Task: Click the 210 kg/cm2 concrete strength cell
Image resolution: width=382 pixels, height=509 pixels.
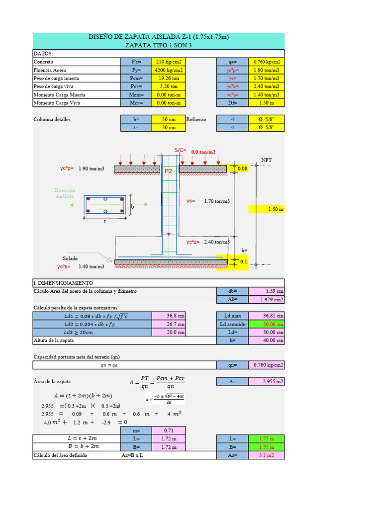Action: click(167, 62)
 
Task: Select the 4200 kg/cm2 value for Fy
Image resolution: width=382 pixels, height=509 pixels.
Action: click(167, 70)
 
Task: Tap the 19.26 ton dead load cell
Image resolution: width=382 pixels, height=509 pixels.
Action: click(167, 79)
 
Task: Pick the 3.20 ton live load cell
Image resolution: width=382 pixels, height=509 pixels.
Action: click(167, 86)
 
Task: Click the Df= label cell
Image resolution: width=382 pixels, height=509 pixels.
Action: click(232, 103)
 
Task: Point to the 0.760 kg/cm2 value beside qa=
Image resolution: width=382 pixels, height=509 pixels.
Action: click(267, 62)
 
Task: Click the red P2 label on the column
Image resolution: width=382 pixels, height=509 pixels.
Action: click(168, 170)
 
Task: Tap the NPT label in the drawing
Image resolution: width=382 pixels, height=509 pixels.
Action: click(267, 160)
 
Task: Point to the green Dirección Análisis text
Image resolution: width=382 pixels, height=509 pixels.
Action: click(65, 193)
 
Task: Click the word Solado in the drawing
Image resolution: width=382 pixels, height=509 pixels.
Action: click(70, 258)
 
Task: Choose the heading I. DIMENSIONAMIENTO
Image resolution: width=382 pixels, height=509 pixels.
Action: click(63, 283)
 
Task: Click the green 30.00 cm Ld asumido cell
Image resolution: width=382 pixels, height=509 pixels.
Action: click(267, 324)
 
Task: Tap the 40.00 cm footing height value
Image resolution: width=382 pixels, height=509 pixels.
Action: click(267, 340)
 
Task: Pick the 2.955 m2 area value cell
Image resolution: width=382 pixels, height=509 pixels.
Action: click(267, 381)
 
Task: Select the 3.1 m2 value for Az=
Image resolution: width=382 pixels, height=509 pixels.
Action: click(267, 455)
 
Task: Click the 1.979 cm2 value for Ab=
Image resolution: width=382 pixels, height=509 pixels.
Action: click(267, 299)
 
